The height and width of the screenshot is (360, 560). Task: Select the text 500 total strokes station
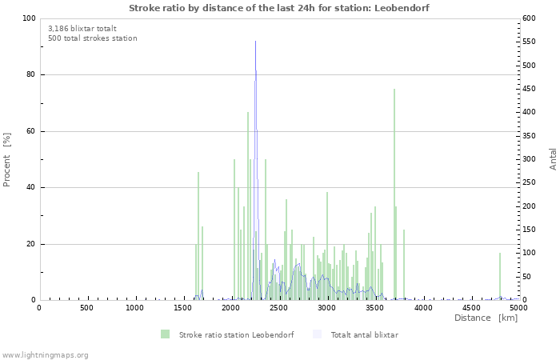(x=92, y=38)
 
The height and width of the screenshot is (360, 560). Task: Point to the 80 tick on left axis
(x=30, y=75)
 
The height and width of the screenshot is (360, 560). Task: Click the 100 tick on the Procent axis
(x=28, y=18)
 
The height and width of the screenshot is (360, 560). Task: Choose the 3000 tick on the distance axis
(x=326, y=307)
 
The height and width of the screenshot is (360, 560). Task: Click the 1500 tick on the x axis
(x=182, y=307)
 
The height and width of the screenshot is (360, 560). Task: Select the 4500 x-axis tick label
(x=470, y=307)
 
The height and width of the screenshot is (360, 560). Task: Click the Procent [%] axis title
(x=7, y=159)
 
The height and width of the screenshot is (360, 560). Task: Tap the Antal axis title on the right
(x=553, y=159)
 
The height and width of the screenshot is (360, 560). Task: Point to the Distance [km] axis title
(x=486, y=318)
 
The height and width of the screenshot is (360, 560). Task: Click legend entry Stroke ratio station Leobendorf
(x=236, y=334)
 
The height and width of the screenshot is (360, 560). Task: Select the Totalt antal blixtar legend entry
(x=364, y=334)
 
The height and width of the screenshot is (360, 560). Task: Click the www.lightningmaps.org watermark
(x=45, y=354)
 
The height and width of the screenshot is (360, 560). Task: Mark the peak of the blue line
(x=256, y=70)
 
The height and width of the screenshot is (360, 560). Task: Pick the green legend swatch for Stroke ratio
(x=165, y=334)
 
